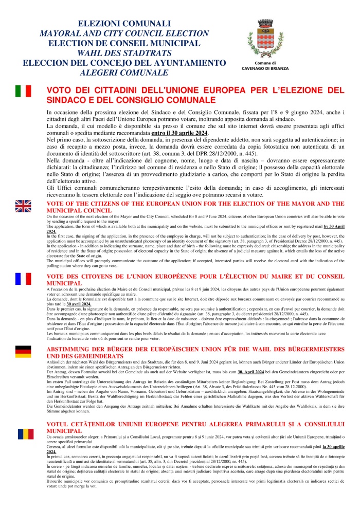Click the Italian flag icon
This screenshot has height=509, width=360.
click(23, 92)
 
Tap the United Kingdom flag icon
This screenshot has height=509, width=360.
click(23, 206)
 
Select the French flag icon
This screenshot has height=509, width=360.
click(23, 278)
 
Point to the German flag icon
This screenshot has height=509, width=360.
click(23, 352)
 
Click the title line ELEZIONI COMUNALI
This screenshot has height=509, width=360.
click(123, 24)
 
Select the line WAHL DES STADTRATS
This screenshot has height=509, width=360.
click(123, 53)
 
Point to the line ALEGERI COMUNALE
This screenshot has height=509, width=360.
click(123, 72)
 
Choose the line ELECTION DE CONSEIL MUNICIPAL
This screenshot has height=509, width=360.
click(123, 43)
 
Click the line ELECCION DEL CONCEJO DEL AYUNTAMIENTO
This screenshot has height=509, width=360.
click(123, 63)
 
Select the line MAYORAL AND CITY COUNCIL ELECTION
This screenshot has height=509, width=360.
click(123, 33)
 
